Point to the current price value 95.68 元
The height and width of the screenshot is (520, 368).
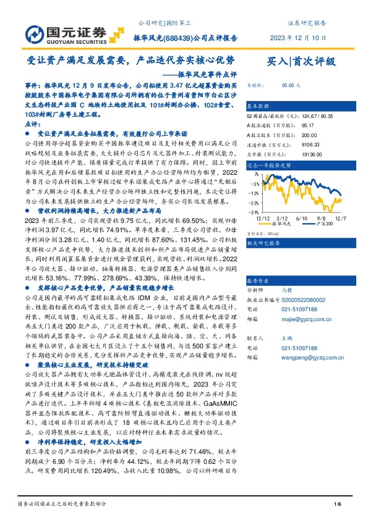pyautogui.click(x=291, y=86)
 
